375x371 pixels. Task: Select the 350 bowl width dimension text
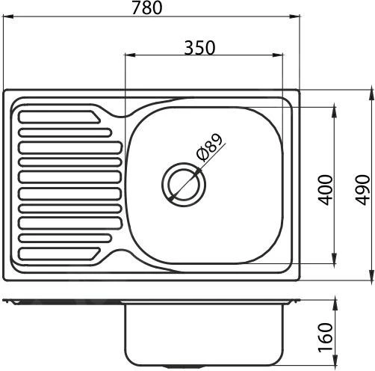199,47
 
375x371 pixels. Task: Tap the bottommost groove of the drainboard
57,252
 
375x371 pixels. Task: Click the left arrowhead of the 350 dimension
128,56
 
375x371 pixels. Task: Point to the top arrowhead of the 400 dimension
332,108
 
